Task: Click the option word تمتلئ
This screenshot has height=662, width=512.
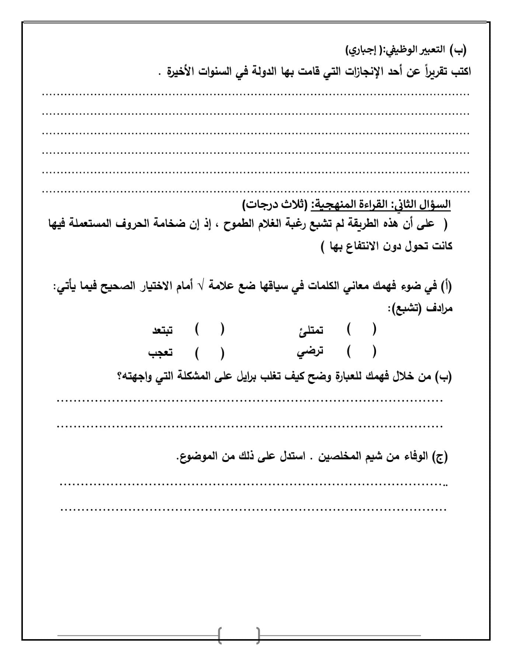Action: coord(311,330)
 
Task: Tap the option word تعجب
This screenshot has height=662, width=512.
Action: coord(160,353)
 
